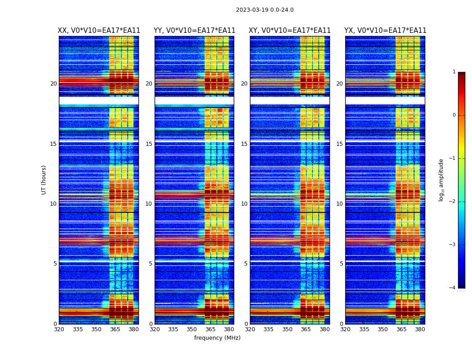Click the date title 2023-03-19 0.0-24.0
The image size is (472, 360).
265,10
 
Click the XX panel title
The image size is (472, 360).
99,31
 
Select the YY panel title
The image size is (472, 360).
194,31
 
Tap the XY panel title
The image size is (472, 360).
289,31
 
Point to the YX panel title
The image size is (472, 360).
385,31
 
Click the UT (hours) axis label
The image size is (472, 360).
44,180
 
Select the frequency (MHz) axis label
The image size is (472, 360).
217,338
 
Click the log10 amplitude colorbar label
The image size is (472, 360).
441,180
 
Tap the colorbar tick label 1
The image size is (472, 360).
454,72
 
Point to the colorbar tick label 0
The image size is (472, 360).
454,115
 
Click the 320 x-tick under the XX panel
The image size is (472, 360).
59,329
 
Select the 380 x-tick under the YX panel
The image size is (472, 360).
420,329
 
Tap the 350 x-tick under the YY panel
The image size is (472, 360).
192,329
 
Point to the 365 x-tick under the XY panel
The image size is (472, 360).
306,329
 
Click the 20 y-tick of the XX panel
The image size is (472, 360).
53,84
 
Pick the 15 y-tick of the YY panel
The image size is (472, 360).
149,144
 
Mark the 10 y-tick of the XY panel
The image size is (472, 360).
244,204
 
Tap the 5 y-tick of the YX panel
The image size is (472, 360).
341,264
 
